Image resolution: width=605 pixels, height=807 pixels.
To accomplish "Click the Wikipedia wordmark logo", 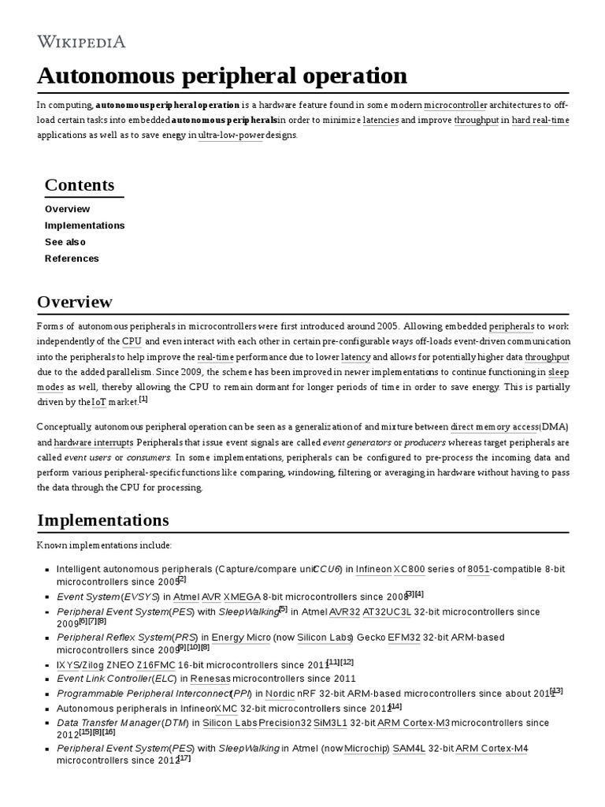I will click(x=81, y=41).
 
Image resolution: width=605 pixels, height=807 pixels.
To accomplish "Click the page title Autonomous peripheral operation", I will click(x=222, y=76).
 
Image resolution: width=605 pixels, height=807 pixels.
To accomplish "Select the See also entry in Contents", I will click(x=65, y=242).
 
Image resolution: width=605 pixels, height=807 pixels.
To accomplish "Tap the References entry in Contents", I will click(x=72, y=258).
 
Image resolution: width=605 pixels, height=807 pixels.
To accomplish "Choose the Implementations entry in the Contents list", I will click(x=84, y=225).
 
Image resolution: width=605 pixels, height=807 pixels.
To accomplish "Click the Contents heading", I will click(x=80, y=185).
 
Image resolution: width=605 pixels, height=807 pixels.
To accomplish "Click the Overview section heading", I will click(x=75, y=302).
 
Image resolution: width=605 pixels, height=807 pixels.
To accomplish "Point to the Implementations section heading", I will click(x=102, y=520).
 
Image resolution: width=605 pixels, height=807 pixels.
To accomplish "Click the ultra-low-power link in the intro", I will click(x=231, y=135).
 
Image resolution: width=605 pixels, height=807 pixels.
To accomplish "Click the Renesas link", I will click(x=210, y=679).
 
